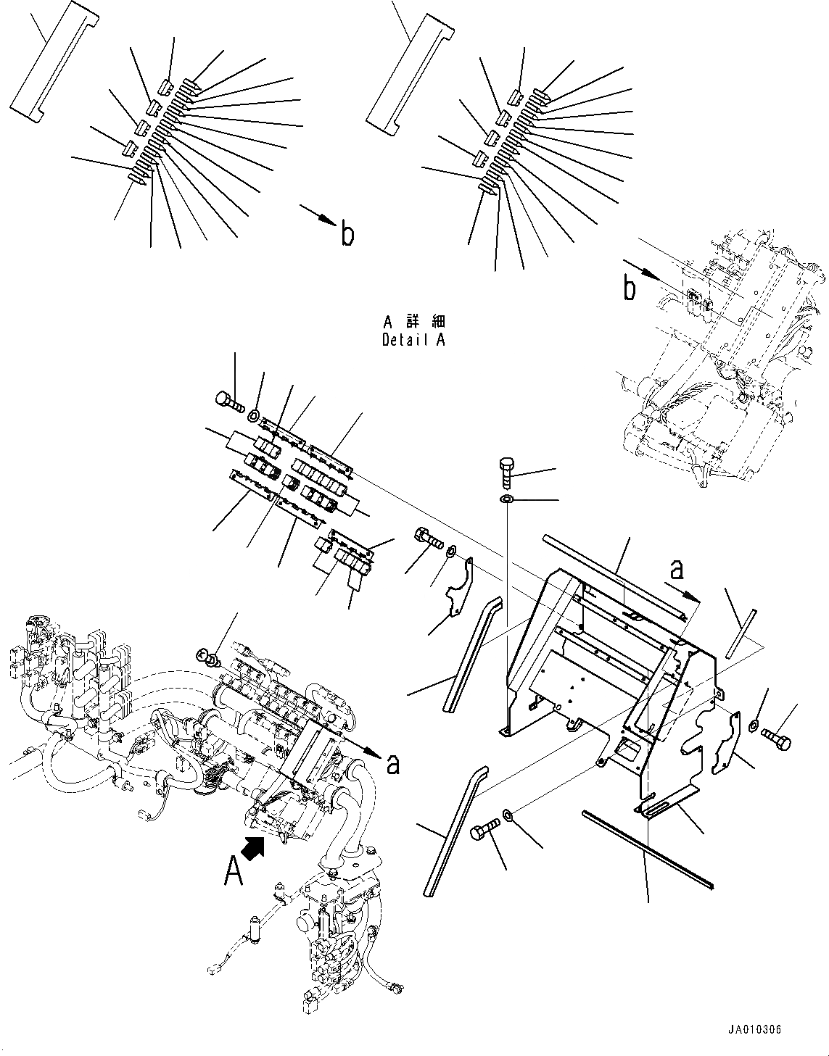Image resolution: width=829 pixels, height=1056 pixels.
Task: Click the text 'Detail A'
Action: click(413, 340)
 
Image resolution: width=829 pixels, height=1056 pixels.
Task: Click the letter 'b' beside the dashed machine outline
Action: click(630, 289)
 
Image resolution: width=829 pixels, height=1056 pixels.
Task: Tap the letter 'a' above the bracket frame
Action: click(676, 570)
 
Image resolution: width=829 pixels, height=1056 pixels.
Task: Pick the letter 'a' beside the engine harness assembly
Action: click(392, 764)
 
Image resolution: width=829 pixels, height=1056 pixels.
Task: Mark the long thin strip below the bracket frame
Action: click(648, 849)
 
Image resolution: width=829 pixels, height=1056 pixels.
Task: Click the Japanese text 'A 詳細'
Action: click(414, 322)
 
